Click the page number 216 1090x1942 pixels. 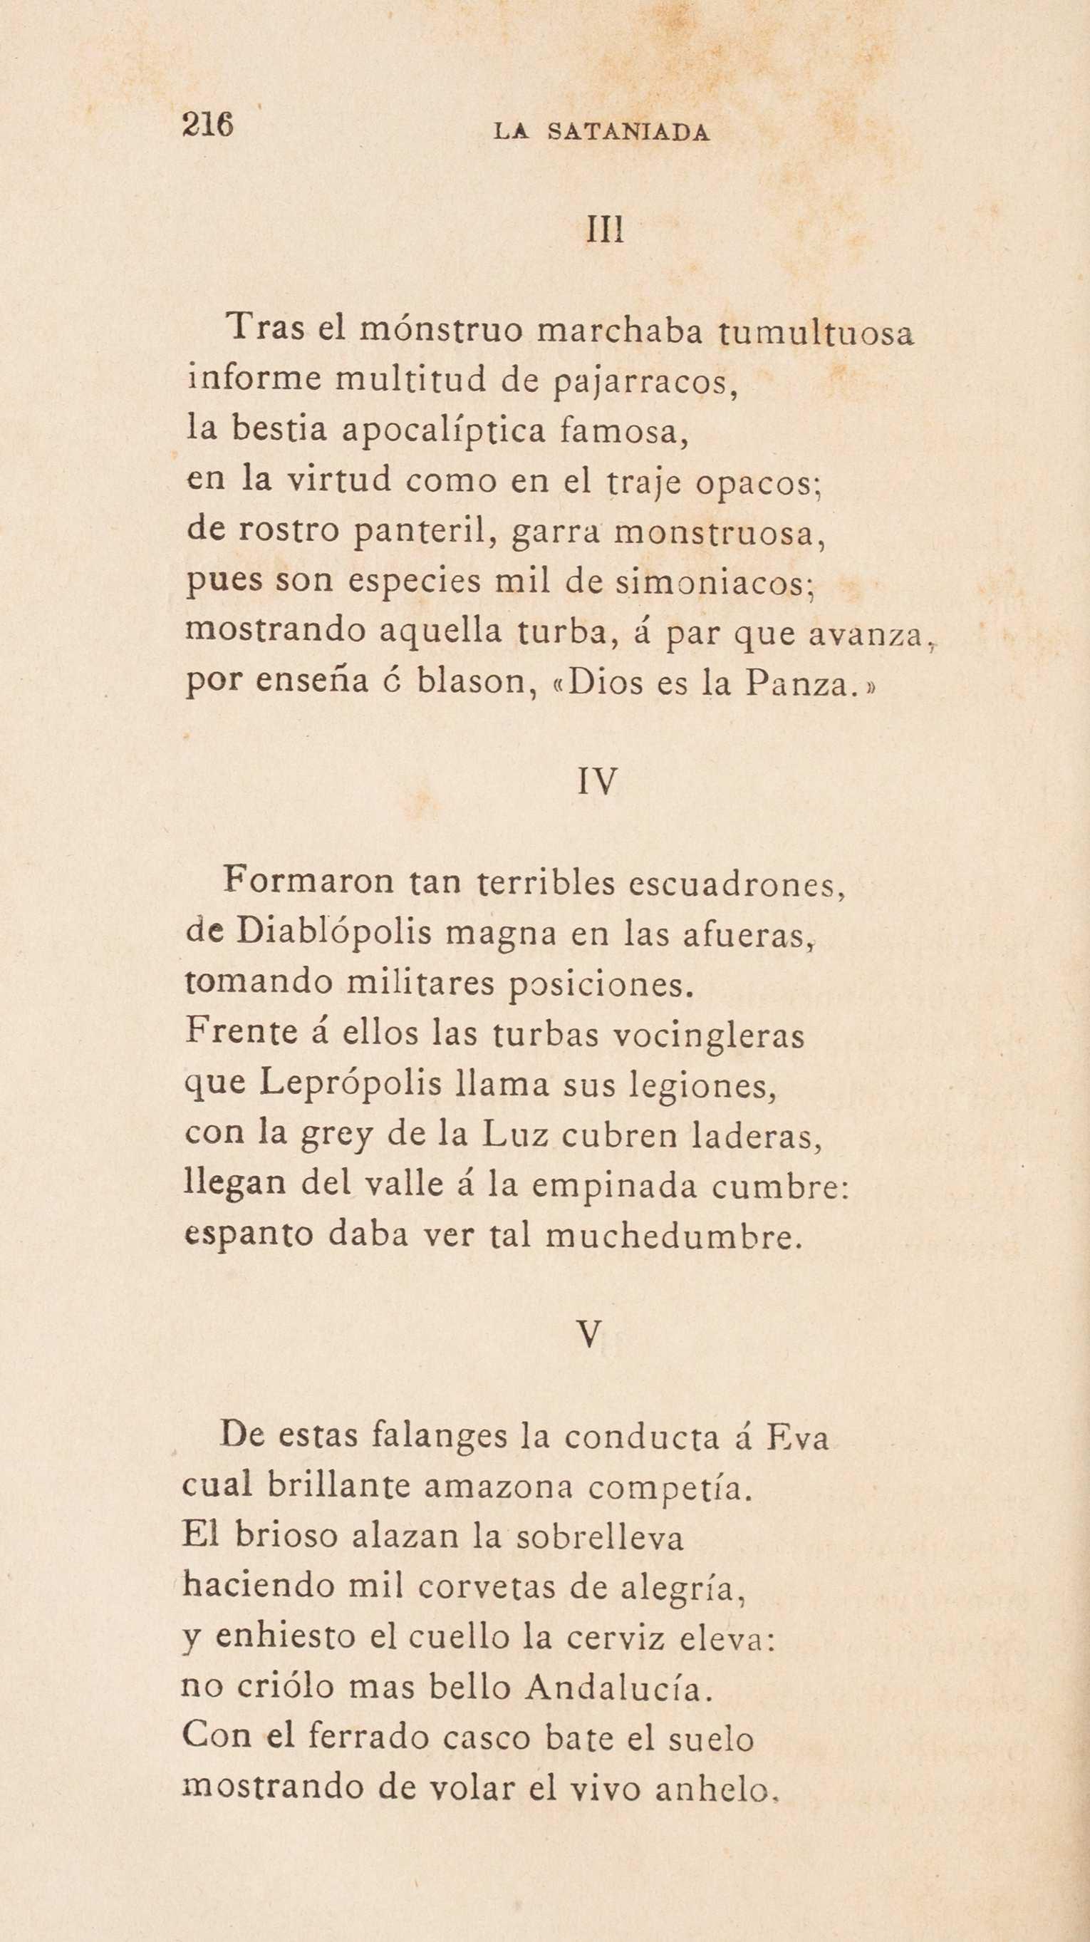pyautogui.click(x=208, y=125)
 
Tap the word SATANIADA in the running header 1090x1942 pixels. pyautogui.click(x=628, y=133)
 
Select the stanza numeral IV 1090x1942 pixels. pyautogui.click(x=598, y=782)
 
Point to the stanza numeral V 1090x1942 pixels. pyautogui.click(x=592, y=1336)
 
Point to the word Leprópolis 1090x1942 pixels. pyautogui.click(x=351, y=1084)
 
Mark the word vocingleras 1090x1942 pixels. pyautogui.click(x=708, y=1035)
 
